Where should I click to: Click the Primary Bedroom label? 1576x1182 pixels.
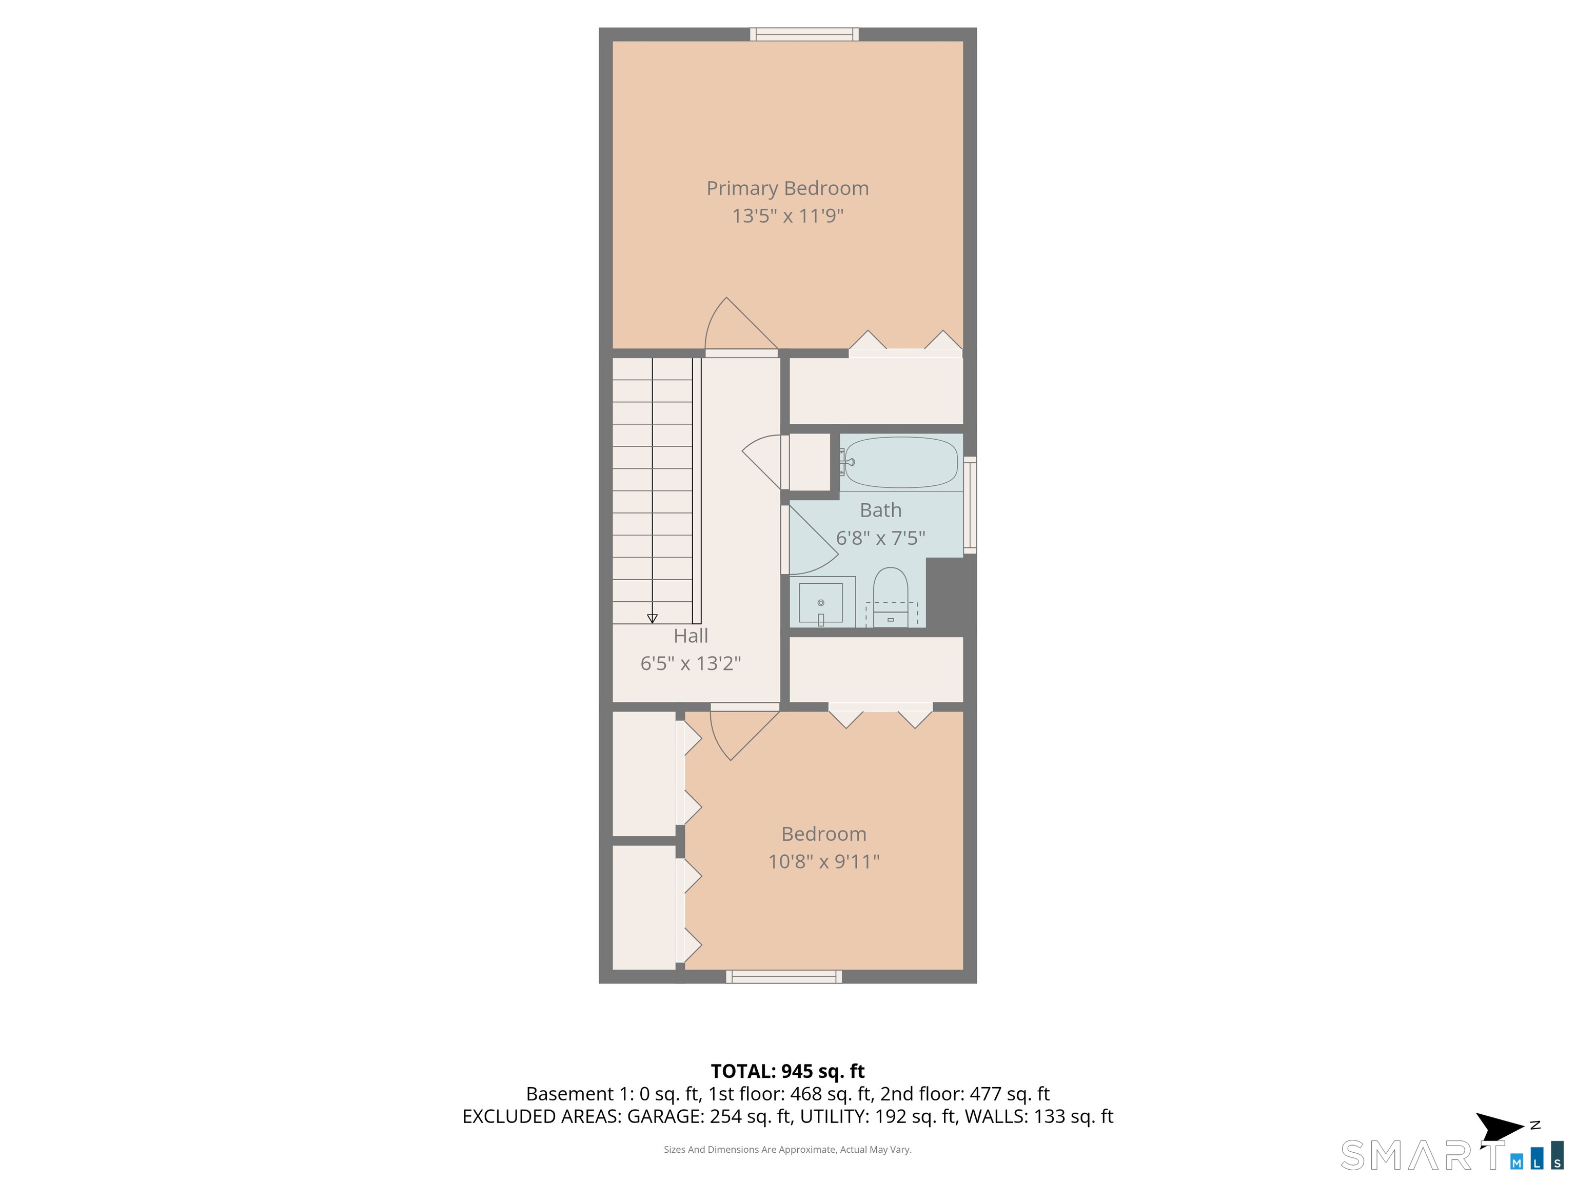(x=787, y=189)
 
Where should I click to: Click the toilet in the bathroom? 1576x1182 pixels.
(x=891, y=597)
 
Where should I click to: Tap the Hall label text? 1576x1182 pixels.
(x=691, y=636)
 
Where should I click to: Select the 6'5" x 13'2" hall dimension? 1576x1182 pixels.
(x=691, y=663)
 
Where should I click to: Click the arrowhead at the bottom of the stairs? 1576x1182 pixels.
(x=652, y=618)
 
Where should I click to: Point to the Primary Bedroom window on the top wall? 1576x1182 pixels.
(x=804, y=34)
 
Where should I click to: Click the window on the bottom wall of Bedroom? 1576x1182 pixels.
(x=784, y=977)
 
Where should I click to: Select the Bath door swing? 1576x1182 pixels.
(x=812, y=539)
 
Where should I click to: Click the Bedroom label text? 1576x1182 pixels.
(x=823, y=834)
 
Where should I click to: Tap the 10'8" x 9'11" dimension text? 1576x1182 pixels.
(x=823, y=861)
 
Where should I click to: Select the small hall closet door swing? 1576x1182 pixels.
(x=762, y=462)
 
